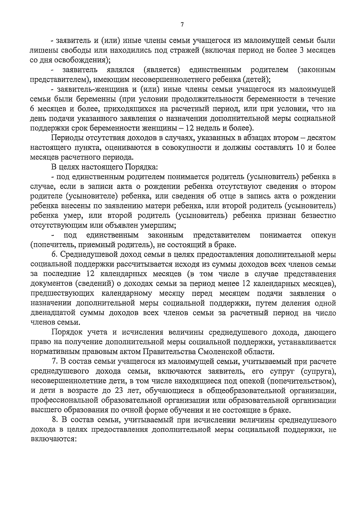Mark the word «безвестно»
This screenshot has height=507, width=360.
pos(317,216)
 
